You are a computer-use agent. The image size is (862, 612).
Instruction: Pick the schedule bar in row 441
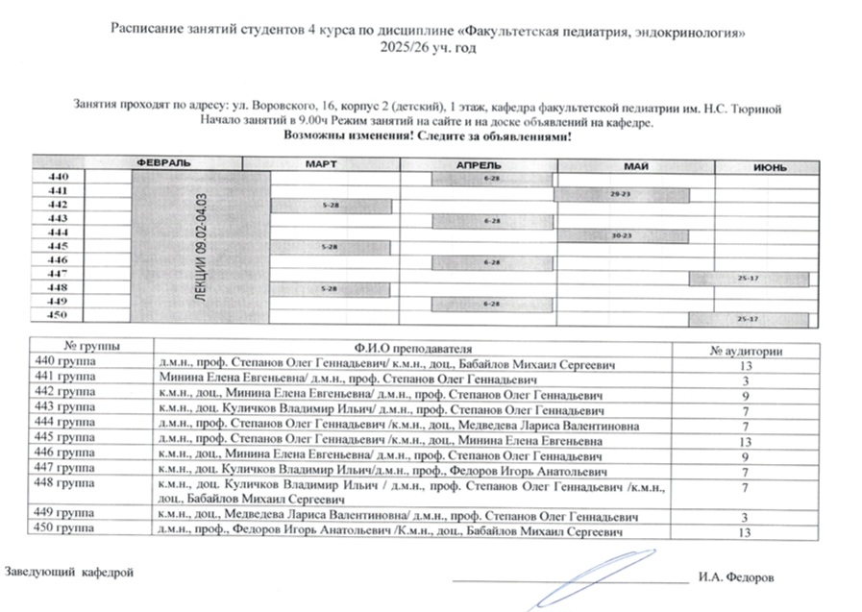tap(621, 194)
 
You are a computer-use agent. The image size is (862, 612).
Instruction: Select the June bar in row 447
tap(748, 278)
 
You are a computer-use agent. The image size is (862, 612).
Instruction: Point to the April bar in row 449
tap(492, 305)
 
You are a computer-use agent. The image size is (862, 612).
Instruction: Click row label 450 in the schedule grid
tap(57, 316)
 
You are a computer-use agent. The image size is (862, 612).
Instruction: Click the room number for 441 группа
tap(745, 380)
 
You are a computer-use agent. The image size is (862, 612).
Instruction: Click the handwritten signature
tap(577, 581)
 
